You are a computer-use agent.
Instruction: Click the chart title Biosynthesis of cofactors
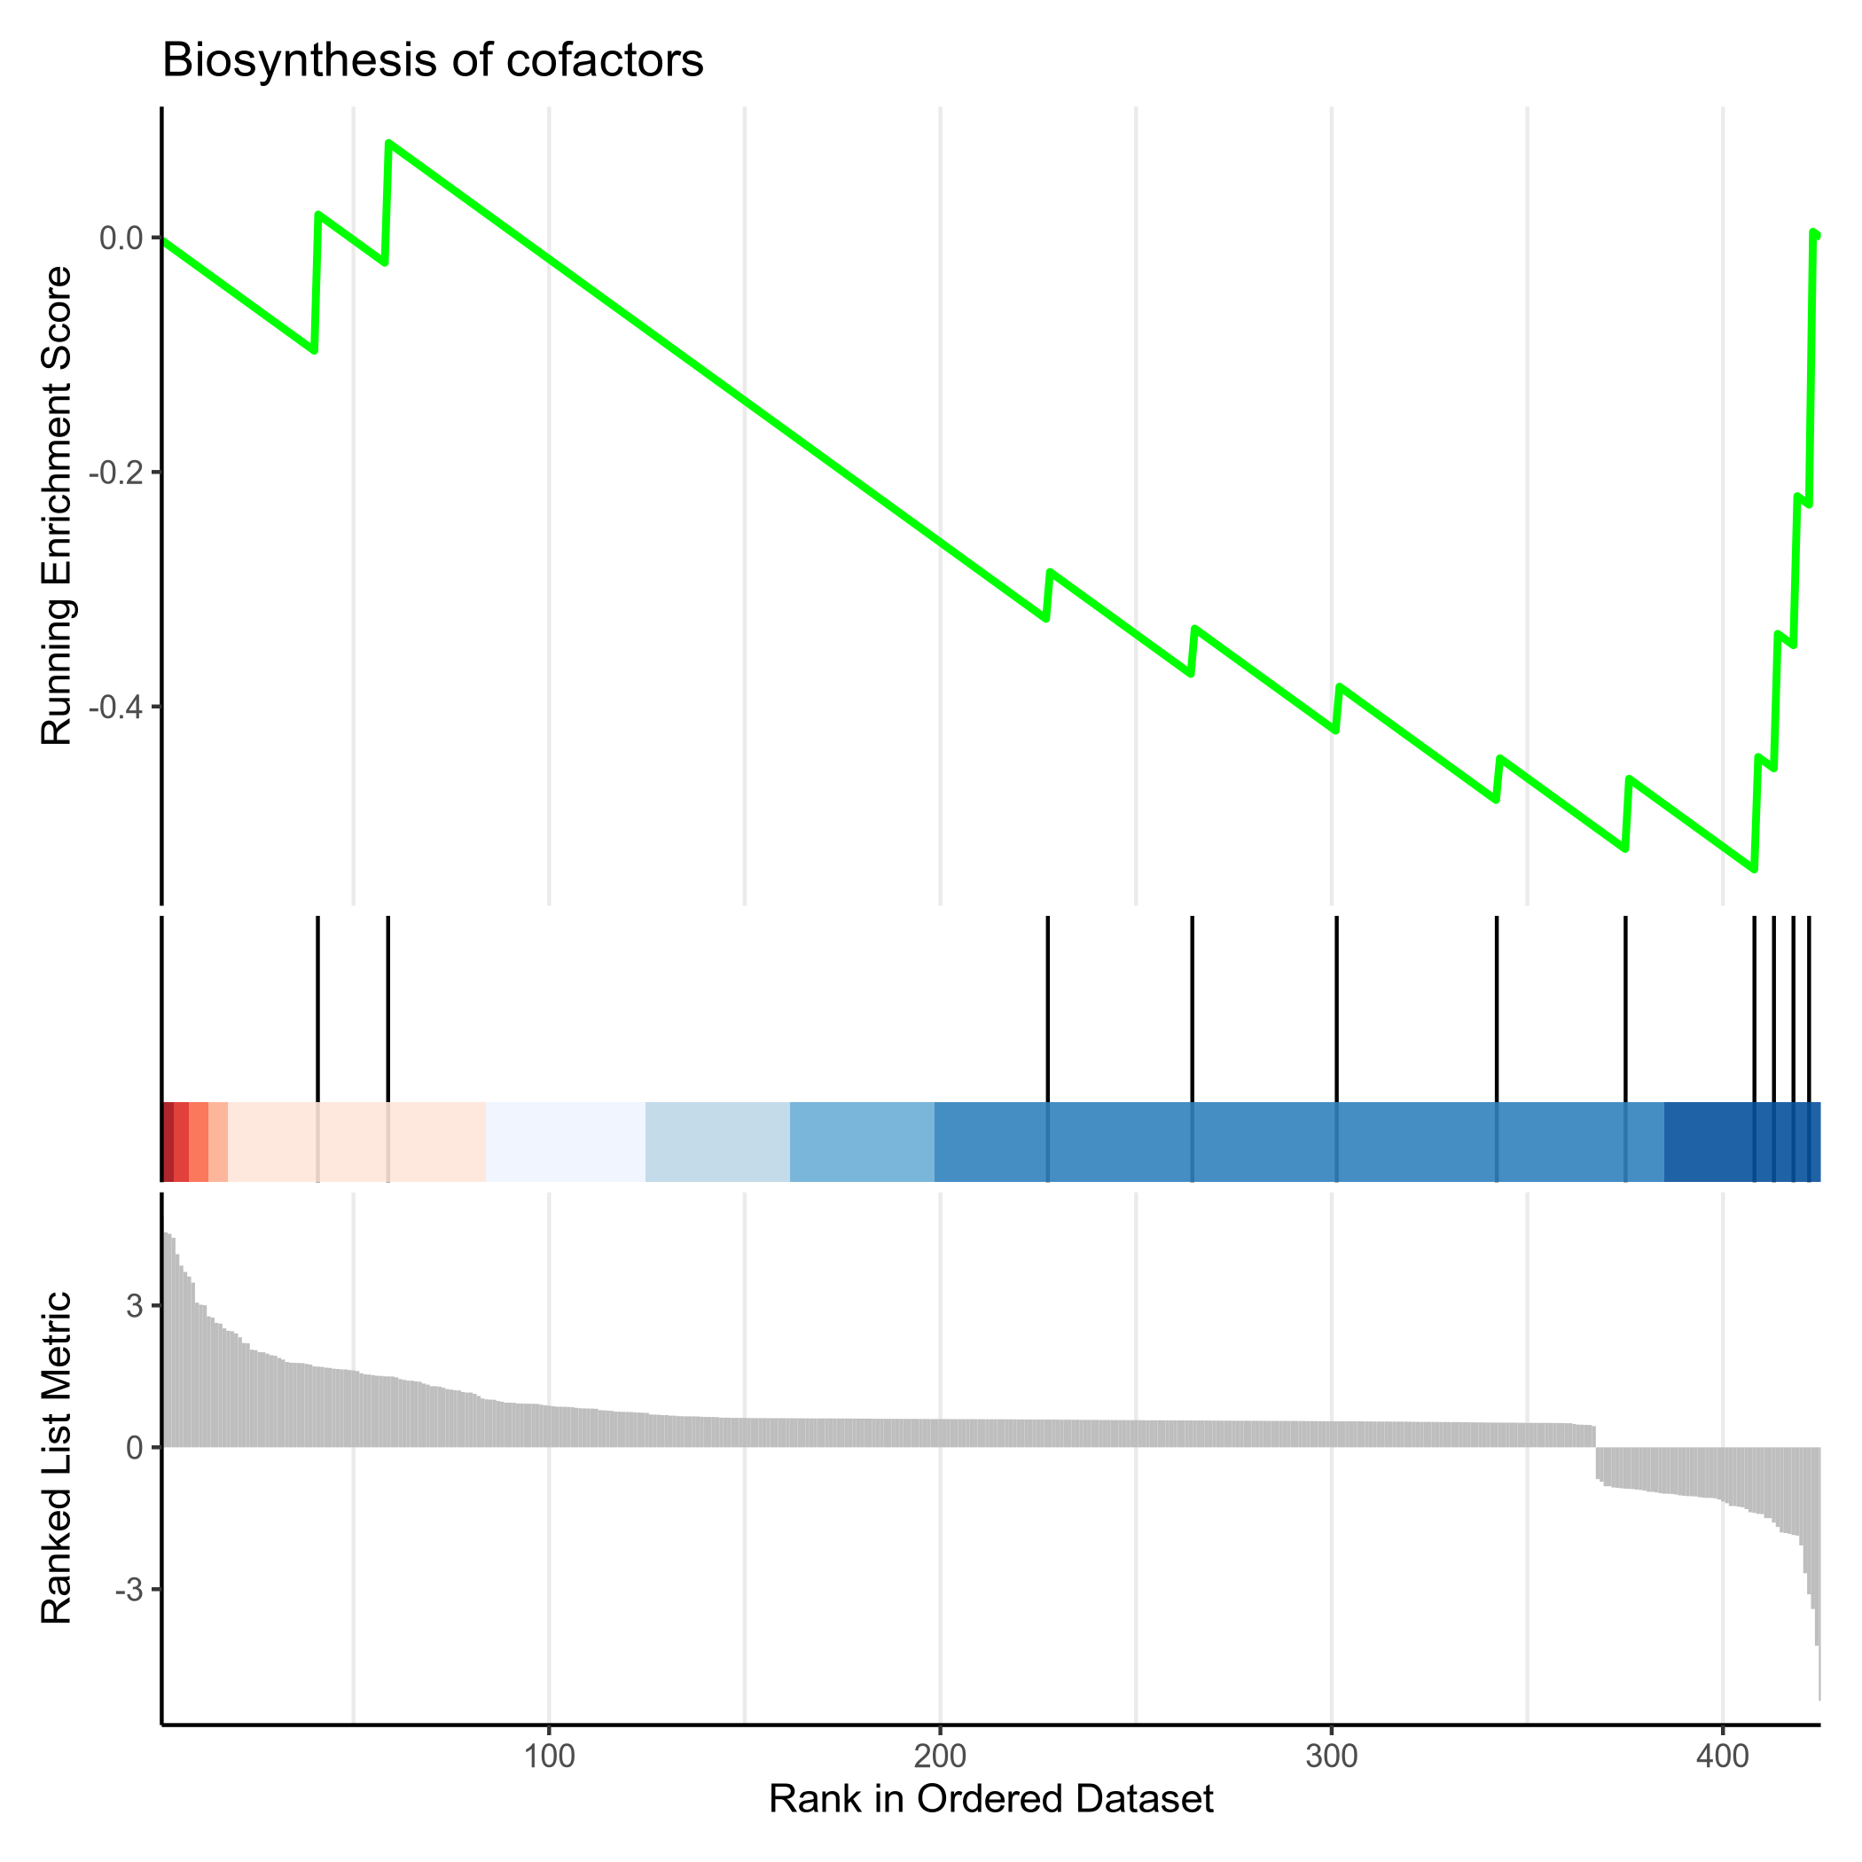point(433,60)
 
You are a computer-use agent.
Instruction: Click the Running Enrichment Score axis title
point(57,505)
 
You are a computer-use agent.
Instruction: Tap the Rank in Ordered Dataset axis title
point(990,1799)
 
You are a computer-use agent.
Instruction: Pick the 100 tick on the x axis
point(548,1755)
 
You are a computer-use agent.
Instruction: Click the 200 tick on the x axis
point(940,1755)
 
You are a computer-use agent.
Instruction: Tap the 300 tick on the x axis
point(1331,1755)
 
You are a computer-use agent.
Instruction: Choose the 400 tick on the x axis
point(1722,1755)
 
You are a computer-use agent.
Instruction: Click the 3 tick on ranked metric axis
point(133,1307)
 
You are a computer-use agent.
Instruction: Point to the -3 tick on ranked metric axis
point(127,1589)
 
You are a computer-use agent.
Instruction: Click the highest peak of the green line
point(388,143)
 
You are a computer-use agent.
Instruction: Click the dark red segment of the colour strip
point(168,1141)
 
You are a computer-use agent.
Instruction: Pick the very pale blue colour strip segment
point(565,1141)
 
